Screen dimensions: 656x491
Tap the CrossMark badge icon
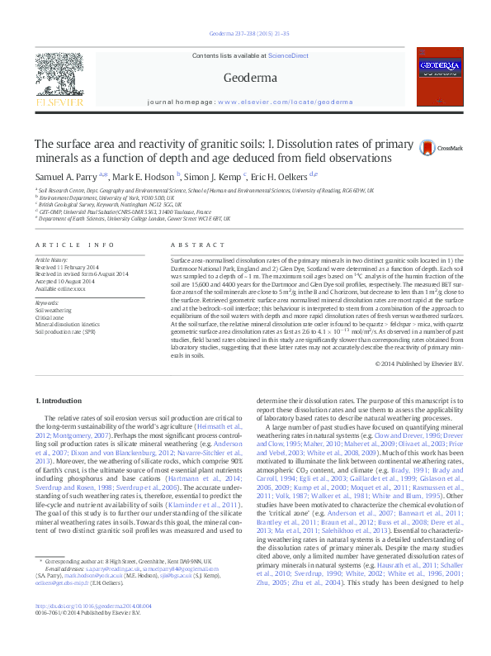pyautogui.click(x=427, y=148)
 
